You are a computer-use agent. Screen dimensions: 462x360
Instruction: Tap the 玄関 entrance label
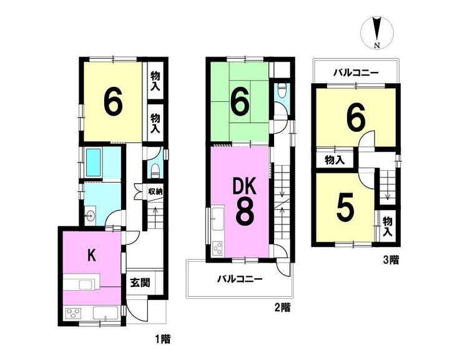140,282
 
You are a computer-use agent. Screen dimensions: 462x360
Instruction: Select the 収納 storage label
155,191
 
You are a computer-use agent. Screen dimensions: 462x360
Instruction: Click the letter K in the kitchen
92,256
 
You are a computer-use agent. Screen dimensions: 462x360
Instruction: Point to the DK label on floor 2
245,187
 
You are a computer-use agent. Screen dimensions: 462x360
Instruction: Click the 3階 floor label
391,260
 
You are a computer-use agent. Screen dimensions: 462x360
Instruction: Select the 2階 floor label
282,307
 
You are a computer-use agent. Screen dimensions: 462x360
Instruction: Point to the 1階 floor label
163,339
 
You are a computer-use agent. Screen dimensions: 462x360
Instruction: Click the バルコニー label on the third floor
356,72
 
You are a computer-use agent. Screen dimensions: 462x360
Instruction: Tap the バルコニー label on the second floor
240,279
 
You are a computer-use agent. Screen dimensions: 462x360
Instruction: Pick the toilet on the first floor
155,171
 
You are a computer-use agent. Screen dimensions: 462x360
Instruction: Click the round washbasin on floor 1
89,216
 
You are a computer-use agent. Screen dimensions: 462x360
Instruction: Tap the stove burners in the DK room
218,249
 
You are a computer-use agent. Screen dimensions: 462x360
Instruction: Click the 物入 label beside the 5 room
388,227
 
